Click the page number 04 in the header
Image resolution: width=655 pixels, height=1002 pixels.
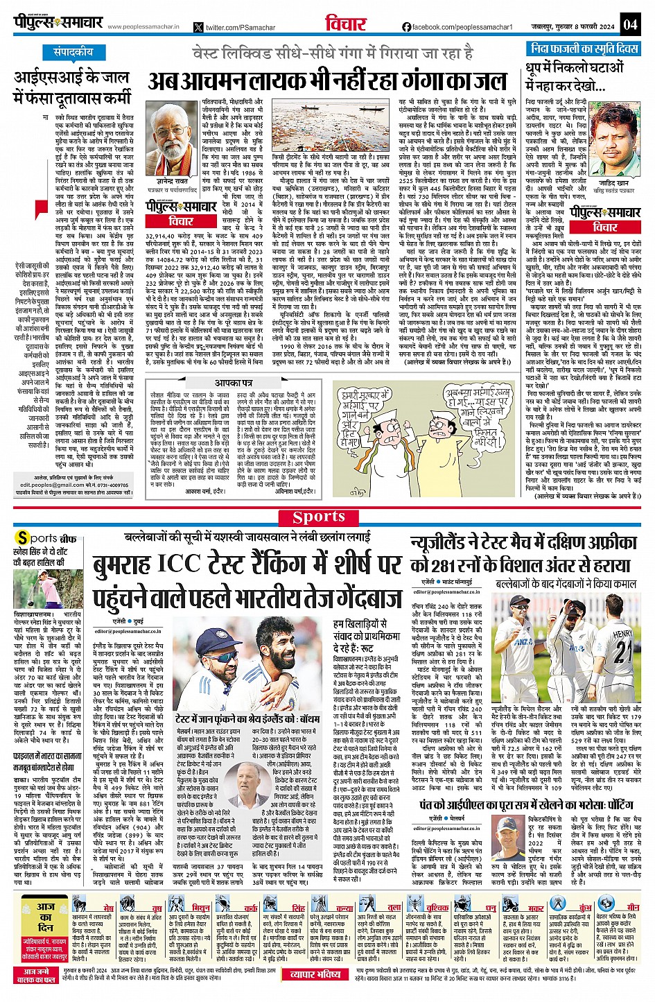click(x=629, y=25)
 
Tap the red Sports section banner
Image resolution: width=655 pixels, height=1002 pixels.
click(x=318, y=517)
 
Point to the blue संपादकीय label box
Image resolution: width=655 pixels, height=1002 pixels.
click(x=73, y=53)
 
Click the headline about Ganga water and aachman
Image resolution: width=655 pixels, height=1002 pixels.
click(x=326, y=81)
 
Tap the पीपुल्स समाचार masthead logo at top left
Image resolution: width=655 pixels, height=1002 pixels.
click(x=59, y=24)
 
